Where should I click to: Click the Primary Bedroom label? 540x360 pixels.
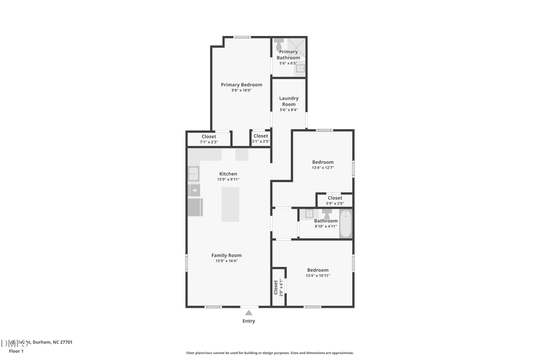(241, 85)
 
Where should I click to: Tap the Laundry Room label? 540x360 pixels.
(289, 101)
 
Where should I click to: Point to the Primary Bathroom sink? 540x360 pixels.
(301, 68)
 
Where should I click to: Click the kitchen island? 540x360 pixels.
(230, 204)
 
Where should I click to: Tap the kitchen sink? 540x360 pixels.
(193, 174)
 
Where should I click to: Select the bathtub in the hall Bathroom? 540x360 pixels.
(346, 223)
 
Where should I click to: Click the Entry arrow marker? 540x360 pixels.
(248, 312)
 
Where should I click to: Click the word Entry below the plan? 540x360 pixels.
(248, 321)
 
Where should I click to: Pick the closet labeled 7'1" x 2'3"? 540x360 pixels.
(209, 139)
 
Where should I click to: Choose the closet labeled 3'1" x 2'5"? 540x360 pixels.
(260, 139)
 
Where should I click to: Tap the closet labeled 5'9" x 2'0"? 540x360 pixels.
(335, 200)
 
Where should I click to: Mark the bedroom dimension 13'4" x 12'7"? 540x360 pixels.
(323, 168)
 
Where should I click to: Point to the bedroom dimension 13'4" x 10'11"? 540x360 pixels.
(318, 275)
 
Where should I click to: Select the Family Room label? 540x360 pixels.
(226, 255)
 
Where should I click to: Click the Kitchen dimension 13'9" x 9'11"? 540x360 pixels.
(228, 179)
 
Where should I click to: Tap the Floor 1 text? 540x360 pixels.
(16, 351)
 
